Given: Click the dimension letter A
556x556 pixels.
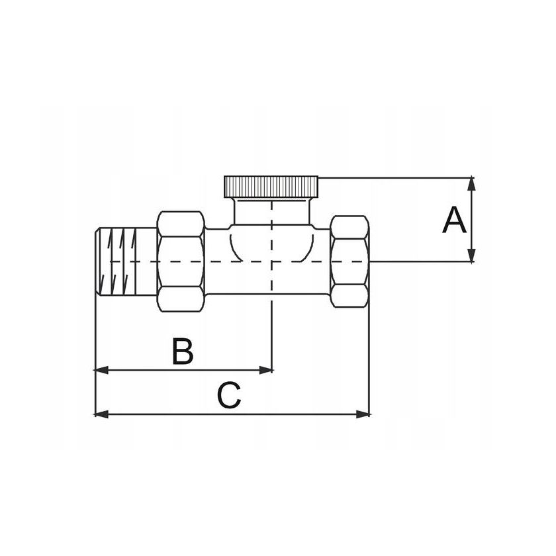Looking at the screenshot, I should click(x=454, y=220).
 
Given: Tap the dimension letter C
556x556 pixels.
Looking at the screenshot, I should click(x=229, y=396).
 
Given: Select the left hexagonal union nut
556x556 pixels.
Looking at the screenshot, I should click(x=181, y=261).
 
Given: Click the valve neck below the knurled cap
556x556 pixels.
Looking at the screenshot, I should click(x=271, y=212).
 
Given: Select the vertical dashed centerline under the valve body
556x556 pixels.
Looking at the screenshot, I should click(x=272, y=331).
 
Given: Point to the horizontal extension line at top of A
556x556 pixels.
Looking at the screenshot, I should click(x=397, y=177).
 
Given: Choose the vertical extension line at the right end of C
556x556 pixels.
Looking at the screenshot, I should click(x=369, y=344).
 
